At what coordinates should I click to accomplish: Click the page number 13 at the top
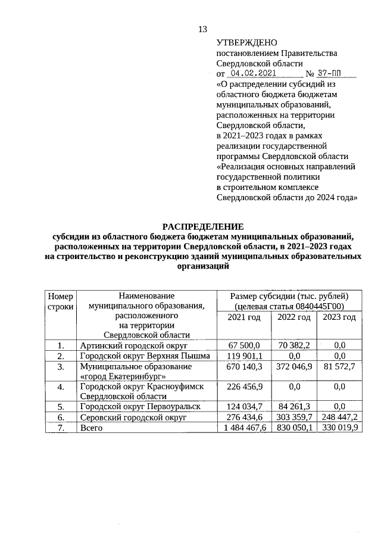(x=202, y=30)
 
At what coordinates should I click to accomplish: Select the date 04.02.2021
(x=254, y=74)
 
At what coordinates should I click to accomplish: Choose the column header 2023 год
(x=339, y=317)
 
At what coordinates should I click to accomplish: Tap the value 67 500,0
(x=244, y=345)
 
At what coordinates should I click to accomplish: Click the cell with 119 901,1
(x=244, y=356)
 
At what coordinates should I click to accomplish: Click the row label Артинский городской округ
(x=133, y=345)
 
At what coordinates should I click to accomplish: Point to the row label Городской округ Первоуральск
(x=139, y=407)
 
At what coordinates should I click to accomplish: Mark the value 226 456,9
(x=244, y=387)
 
